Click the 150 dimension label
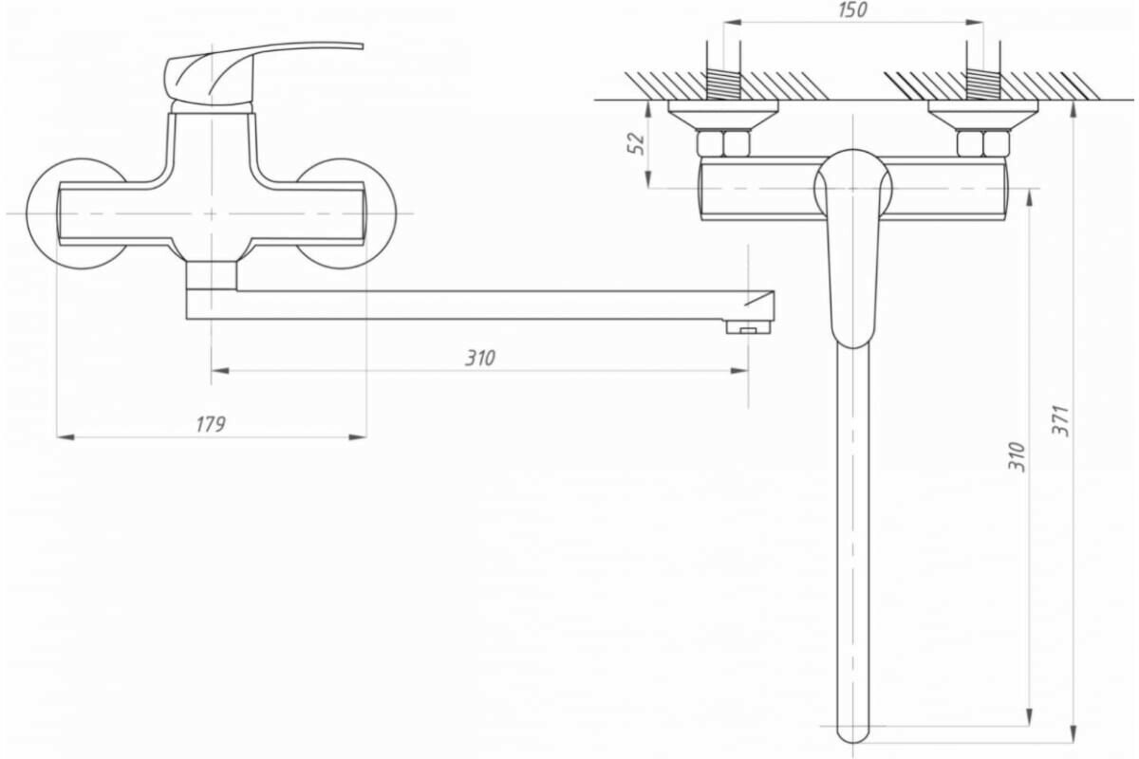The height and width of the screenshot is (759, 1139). tap(853, 10)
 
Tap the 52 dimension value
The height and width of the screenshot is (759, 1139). tap(637, 142)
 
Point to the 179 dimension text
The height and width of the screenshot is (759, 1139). tap(211, 424)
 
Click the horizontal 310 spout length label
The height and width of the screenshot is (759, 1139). tap(480, 358)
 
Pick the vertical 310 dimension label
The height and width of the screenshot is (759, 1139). tap(1017, 457)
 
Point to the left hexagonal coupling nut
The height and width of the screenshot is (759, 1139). tap(723, 144)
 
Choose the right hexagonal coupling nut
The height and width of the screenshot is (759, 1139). tap(982, 144)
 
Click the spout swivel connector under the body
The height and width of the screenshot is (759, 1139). tap(211, 275)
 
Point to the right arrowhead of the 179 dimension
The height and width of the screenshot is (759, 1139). tap(359, 436)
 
